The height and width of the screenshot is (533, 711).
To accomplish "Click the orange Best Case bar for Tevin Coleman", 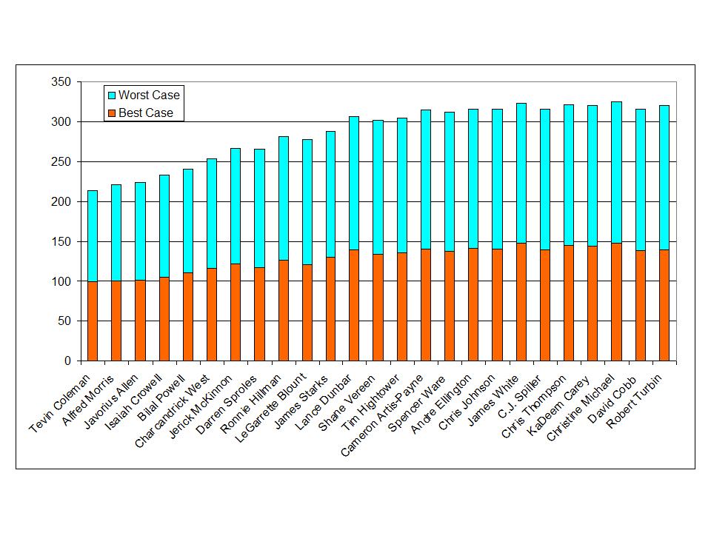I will (x=93, y=321).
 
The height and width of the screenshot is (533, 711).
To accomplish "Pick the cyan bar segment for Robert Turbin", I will (x=664, y=178).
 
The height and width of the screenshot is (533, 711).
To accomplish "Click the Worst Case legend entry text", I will (x=149, y=95).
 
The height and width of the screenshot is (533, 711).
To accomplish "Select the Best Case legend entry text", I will (x=146, y=113).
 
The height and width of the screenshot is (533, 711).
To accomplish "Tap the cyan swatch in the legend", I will (x=112, y=95).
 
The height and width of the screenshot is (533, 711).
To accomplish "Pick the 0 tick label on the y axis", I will (x=67, y=361).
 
